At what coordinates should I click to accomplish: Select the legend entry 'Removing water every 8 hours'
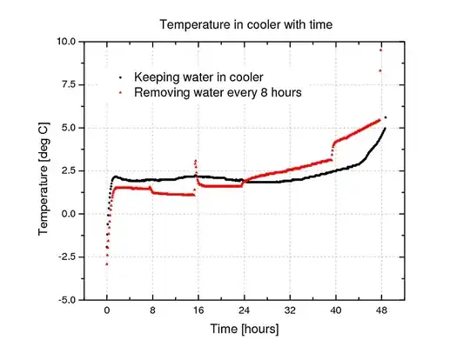tap(214, 92)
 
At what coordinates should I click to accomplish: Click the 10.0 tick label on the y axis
tap(65, 42)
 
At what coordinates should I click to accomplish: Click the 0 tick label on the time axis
tap(107, 310)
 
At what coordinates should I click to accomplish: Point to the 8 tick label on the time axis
tap(152, 310)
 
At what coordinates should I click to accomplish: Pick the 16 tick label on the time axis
tap(198, 310)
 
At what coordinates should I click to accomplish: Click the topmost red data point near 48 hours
tap(380, 50)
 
